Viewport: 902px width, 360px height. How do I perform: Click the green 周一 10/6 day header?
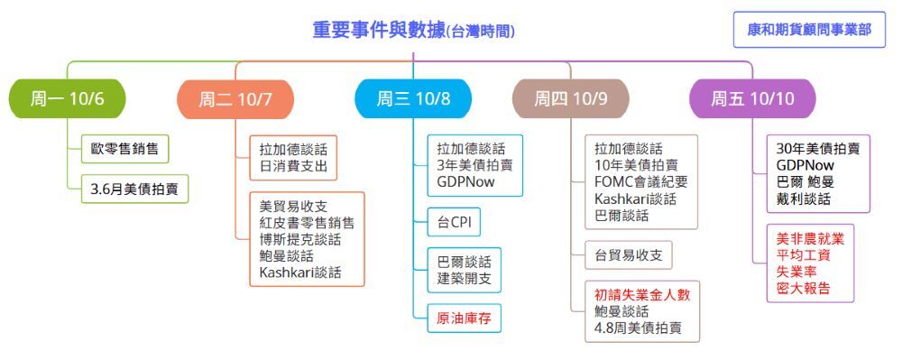click(x=68, y=98)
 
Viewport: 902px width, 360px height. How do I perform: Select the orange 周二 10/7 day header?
click(x=235, y=98)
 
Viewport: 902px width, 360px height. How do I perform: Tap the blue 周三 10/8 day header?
click(x=413, y=98)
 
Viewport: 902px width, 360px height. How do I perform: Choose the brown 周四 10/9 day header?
click(x=571, y=98)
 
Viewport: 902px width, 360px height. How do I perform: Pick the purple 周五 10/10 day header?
click(x=752, y=98)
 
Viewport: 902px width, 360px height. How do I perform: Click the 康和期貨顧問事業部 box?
click(x=809, y=30)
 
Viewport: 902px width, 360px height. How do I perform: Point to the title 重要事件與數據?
click(x=379, y=30)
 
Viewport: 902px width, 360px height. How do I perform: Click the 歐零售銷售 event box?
click(x=124, y=149)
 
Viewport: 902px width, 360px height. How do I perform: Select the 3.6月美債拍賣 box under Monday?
click(x=134, y=189)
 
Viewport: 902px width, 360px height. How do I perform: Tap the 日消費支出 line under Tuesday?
click(x=293, y=167)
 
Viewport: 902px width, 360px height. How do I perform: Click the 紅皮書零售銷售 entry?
click(x=307, y=223)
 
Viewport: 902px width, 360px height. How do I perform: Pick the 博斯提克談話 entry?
click(x=299, y=239)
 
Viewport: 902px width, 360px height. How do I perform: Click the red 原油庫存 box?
click(x=465, y=318)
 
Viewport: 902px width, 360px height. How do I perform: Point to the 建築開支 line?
click(x=465, y=279)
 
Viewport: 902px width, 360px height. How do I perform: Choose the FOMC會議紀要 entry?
click(x=640, y=182)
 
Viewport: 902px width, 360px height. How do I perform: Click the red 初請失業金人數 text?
click(x=642, y=295)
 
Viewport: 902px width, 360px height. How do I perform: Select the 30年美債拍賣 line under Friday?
click(x=818, y=148)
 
